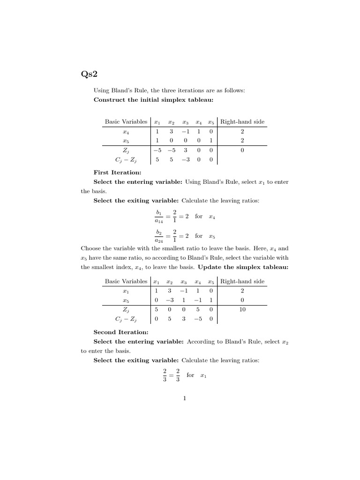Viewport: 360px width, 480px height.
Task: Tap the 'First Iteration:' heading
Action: pos(114,172)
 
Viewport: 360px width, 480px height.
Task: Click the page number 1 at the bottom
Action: pos(185,399)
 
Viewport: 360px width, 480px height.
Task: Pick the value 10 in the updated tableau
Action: pos(242,310)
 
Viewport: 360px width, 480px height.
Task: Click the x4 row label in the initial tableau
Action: pos(126,132)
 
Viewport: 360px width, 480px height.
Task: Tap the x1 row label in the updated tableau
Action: pos(126,291)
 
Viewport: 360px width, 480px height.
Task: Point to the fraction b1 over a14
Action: pos(158,217)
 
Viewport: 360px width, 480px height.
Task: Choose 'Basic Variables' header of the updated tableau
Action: pos(126,282)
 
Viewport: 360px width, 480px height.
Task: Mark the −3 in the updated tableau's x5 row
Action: pos(171,300)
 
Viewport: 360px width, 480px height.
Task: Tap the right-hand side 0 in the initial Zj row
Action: pos(242,150)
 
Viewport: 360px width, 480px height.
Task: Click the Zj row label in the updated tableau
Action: pos(126,310)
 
